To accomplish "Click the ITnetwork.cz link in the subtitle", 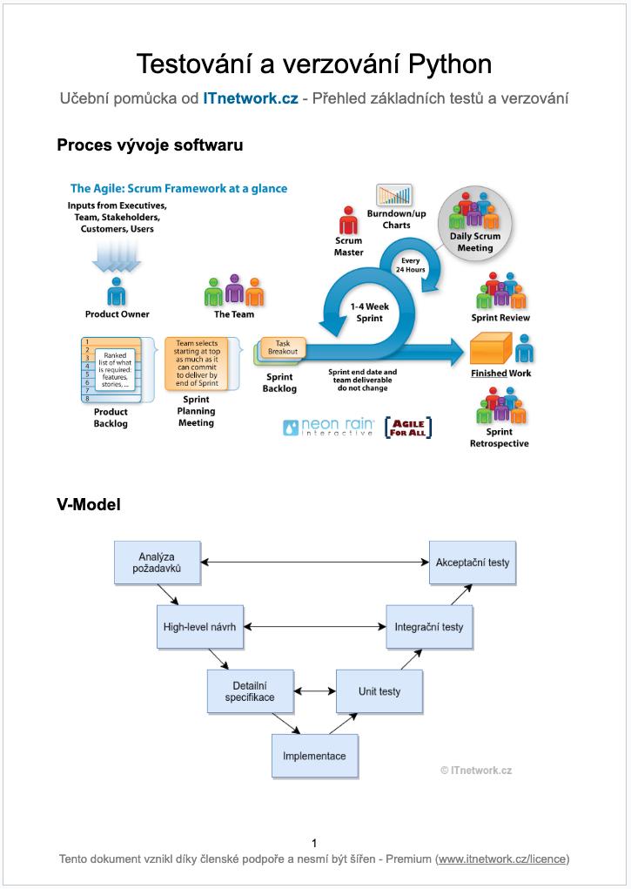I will click(x=251, y=98).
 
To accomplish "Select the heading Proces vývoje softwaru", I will click(x=150, y=145).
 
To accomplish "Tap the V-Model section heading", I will click(x=89, y=504).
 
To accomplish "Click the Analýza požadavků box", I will click(x=158, y=562).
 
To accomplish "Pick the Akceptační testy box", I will click(x=473, y=562).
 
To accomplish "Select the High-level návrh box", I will click(x=201, y=626).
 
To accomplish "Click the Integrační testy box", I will click(x=429, y=626).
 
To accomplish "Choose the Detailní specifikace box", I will click(x=251, y=690).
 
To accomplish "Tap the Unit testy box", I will click(x=379, y=691).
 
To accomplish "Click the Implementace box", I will click(x=314, y=756).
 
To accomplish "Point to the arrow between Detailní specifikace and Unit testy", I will click(x=315, y=691).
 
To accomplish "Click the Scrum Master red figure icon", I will click(x=348, y=219).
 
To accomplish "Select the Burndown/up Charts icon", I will click(x=394, y=195).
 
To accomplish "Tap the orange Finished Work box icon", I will click(x=490, y=348).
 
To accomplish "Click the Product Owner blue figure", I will click(x=117, y=291).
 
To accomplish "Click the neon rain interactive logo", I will click(x=329, y=428).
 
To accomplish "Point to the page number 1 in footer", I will click(x=314, y=843).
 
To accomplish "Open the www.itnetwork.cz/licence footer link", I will click(x=502, y=859).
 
